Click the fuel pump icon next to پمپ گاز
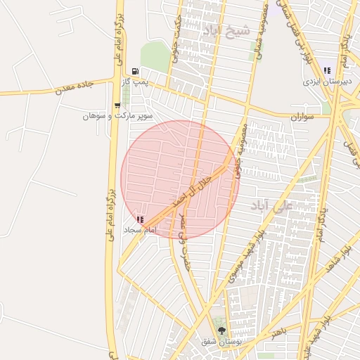[134, 72]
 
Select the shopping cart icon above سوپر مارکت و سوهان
[117, 105]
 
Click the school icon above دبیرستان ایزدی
[326, 70]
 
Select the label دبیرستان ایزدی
[326, 82]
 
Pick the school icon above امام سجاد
[139, 220]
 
